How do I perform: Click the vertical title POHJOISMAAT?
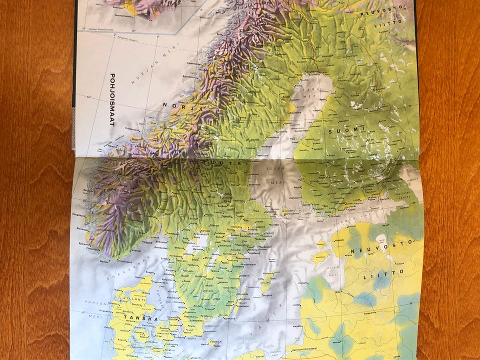112,99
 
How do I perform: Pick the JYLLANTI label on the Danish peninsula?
131,300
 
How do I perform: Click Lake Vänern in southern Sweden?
197,242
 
